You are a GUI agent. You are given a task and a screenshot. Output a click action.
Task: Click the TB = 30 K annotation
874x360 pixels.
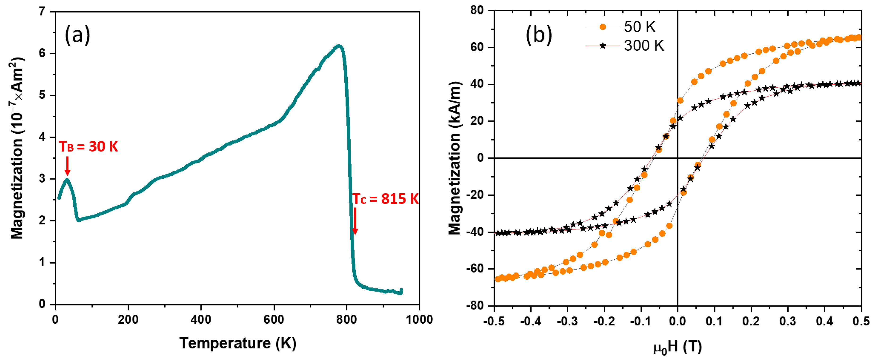89,147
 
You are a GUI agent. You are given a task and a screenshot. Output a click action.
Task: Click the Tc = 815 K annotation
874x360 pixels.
385,199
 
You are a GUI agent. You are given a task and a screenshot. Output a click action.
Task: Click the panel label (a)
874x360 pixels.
77,35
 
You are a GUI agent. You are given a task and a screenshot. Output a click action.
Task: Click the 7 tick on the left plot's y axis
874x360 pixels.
42,12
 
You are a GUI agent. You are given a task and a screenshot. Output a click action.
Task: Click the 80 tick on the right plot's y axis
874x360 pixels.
477,11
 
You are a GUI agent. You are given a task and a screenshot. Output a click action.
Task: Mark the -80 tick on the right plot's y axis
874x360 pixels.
475,306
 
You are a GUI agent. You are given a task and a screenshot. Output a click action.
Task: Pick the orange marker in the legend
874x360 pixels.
603,27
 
